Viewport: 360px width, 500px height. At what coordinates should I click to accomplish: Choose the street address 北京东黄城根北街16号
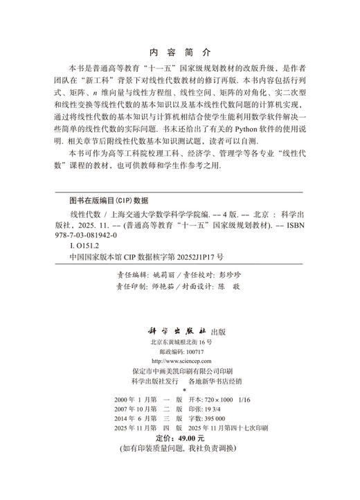point(180,323)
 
